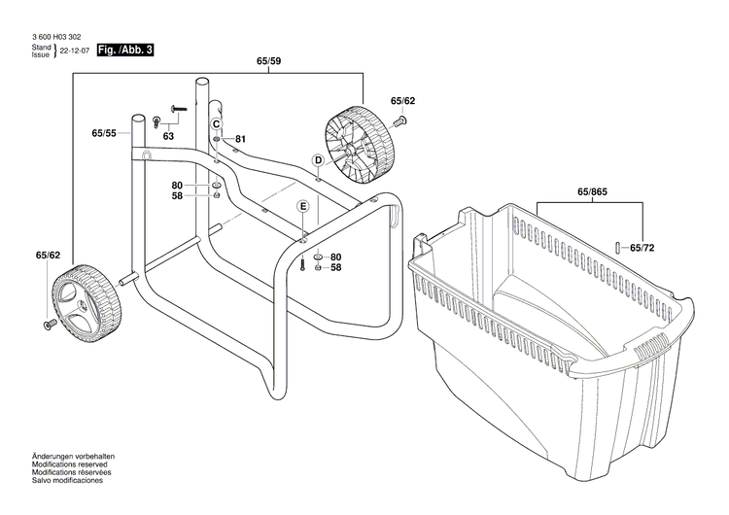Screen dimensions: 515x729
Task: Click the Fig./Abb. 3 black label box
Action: coord(124,50)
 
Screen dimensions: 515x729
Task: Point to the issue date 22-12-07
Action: coord(76,51)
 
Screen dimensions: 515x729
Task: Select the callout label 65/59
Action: coord(269,61)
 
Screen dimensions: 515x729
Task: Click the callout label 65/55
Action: coord(104,132)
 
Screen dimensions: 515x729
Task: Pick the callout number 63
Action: coord(168,137)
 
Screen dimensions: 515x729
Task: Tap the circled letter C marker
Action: coord(217,123)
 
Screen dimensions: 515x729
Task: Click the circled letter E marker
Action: coord(303,206)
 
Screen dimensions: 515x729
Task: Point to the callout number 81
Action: coord(240,139)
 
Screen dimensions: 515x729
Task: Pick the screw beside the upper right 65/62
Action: coord(399,120)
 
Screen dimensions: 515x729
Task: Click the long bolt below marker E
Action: coord(303,262)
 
